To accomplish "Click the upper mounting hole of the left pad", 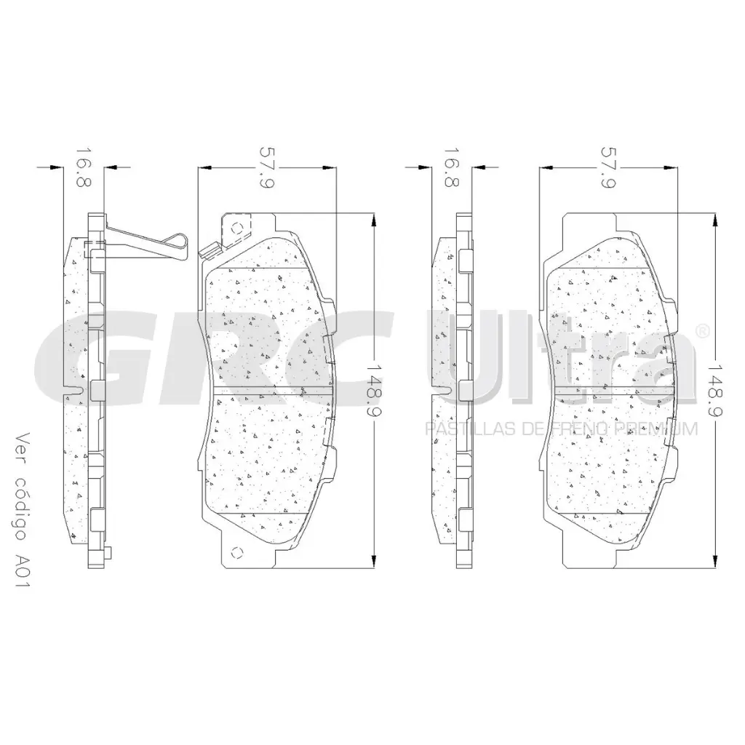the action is pyautogui.click(x=236, y=227).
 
